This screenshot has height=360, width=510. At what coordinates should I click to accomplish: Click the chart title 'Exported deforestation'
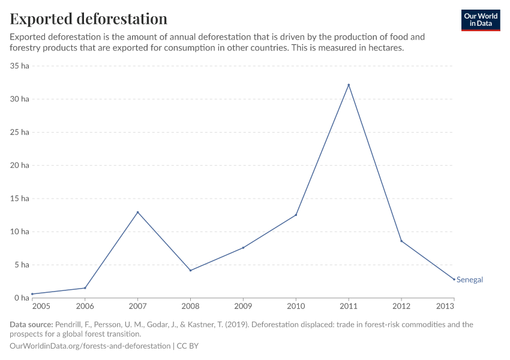click(x=88, y=19)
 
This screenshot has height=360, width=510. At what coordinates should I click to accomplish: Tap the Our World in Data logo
click(x=480, y=20)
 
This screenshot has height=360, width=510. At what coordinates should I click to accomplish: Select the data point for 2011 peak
click(x=349, y=85)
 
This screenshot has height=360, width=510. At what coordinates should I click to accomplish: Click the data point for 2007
click(x=137, y=212)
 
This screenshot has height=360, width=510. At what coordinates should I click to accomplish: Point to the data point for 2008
click(x=190, y=270)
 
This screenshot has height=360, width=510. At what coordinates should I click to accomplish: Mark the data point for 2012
click(x=401, y=241)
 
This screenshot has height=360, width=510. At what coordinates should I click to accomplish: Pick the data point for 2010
click(x=296, y=215)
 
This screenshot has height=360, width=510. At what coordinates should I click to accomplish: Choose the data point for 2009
click(x=243, y=248)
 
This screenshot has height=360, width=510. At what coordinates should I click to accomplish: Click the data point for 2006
click(x=85, y=288)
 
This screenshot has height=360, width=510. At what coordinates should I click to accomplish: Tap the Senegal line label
click(x=470, y=280)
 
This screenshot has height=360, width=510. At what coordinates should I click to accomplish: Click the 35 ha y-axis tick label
click(x=20, y=66)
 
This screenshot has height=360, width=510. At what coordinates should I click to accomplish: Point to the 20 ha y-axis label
click(x=20, y=165)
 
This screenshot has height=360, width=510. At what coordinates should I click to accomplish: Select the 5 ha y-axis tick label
click(x=22, y=265)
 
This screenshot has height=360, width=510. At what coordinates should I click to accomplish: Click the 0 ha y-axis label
click(x=22, y=298)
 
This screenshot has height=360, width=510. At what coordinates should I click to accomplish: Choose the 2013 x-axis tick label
click(x=445, y=307)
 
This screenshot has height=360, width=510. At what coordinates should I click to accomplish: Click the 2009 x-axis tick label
click(x=243, y=307)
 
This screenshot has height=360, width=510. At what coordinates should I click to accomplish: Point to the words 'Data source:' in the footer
click(x=31, y=325)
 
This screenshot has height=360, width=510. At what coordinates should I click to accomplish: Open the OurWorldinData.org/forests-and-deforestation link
click(x=90, y=346)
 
